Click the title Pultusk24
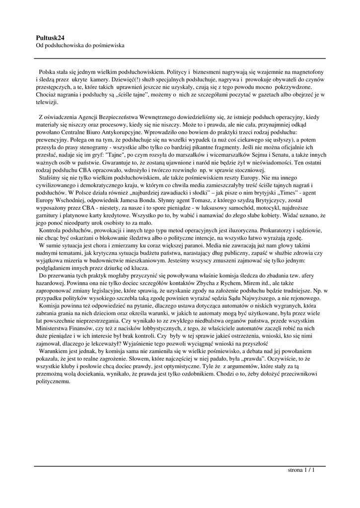click(x=51, y=37)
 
